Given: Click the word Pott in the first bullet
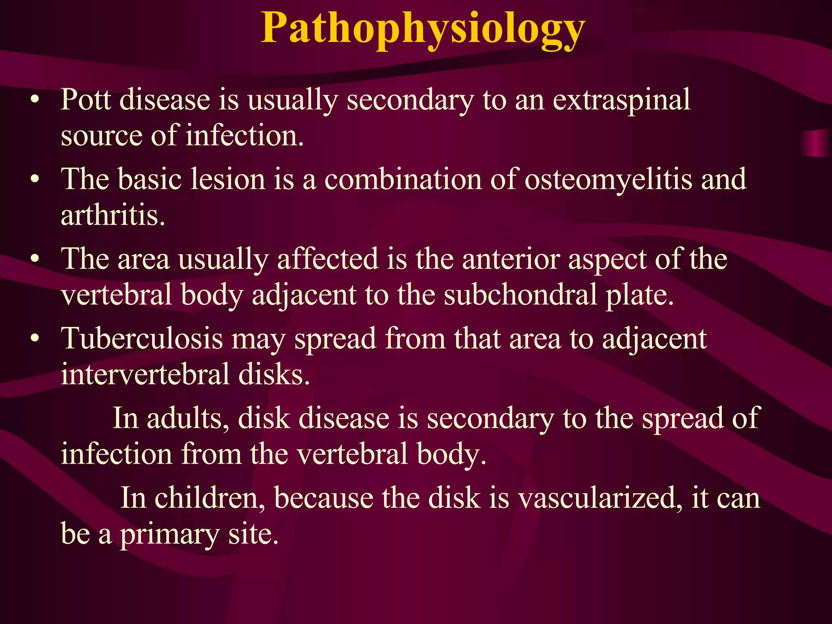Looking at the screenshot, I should point(86,100).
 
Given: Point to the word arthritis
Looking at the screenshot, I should point(113,215).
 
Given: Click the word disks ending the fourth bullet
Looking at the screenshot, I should point(274,374).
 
